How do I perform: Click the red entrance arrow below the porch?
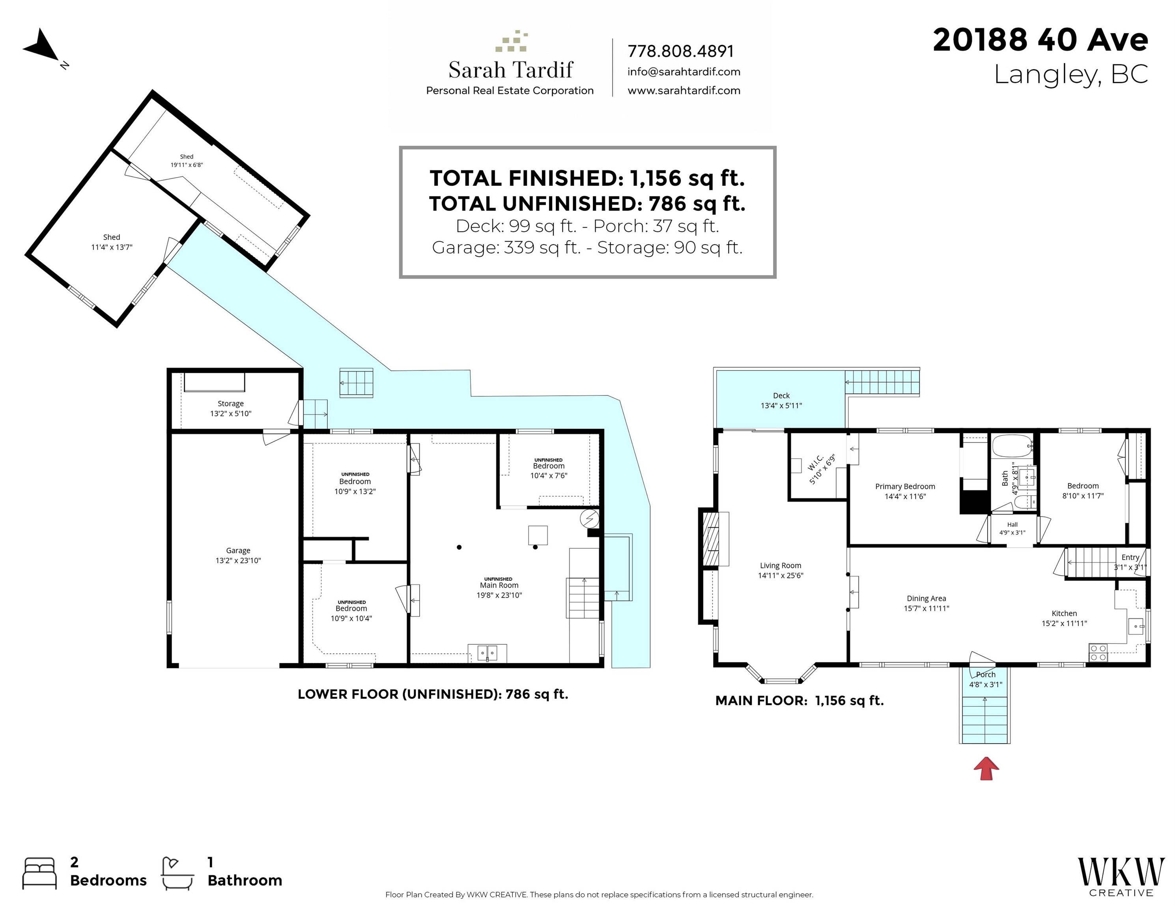pyautogui.click(x=986, y=768)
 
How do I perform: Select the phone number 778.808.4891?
pyautogui.click(x=680, y=51)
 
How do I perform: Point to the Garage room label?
pyautogui.click(x=238, y=550)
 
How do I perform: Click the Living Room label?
pyautogui.click(x=780, y=565)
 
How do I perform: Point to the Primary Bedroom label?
pyautogui.click(x=905, y=486)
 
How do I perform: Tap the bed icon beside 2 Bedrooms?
pyautogui.click(x=39, y=873)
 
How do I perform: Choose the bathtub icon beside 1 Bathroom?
pyautogui.click(x=178, y=873)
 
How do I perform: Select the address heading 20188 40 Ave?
pyautogui.click(x=1040, y=40)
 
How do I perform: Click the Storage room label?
pyautogui.click(x=230, y=404)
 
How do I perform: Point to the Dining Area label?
pyautogui.click(x=926, y=599)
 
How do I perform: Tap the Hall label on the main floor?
pyautogui.click(x=1012, y=525)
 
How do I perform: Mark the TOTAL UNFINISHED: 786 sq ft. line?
pyautogui.click(x=587, y=204)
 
